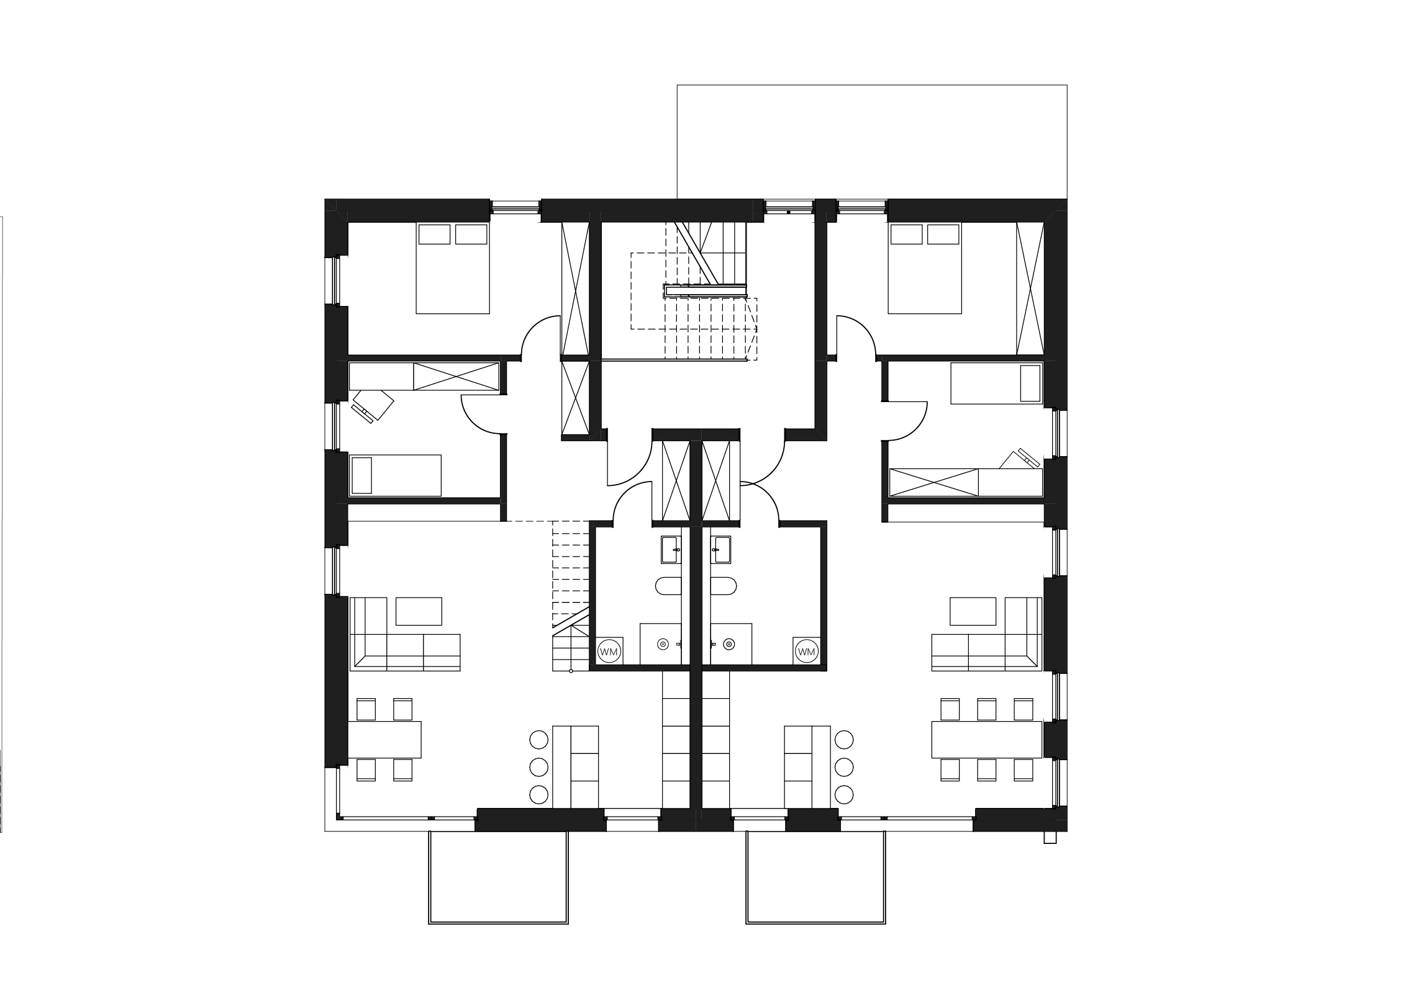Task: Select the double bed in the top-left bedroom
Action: [453, 268]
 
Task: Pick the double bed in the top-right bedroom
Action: [925, 268]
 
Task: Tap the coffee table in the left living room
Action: [419, 611]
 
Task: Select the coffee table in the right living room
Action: [973, 611]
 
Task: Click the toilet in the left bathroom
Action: [669, 586]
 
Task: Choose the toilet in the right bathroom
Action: [724, 586]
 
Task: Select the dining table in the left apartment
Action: [385, 740]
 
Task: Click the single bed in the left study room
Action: [396, 475]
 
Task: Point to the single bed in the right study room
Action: [996, 383]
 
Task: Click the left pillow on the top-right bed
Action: [906, 235]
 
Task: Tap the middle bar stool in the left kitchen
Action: [538, 767]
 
